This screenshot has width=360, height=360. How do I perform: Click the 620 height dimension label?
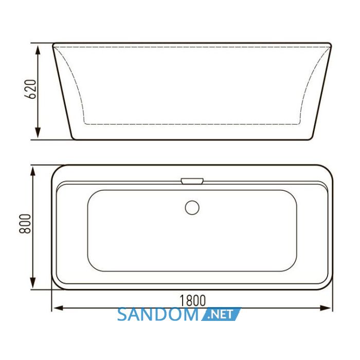tap(30, 89)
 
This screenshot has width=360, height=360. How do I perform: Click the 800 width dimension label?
tap(25, 224)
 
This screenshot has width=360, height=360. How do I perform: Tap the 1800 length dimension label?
tap(192, 300)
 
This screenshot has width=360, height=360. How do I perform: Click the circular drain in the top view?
tap(192, 208)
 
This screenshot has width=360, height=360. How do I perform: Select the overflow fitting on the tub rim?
tap(192, 181)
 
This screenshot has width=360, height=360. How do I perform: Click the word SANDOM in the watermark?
tap(157, 315)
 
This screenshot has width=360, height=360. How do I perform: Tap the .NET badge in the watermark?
tap(221, 314)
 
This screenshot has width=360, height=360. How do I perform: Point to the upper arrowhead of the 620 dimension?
tap(38, 50)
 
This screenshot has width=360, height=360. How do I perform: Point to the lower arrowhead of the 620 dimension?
tap(38, 133)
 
